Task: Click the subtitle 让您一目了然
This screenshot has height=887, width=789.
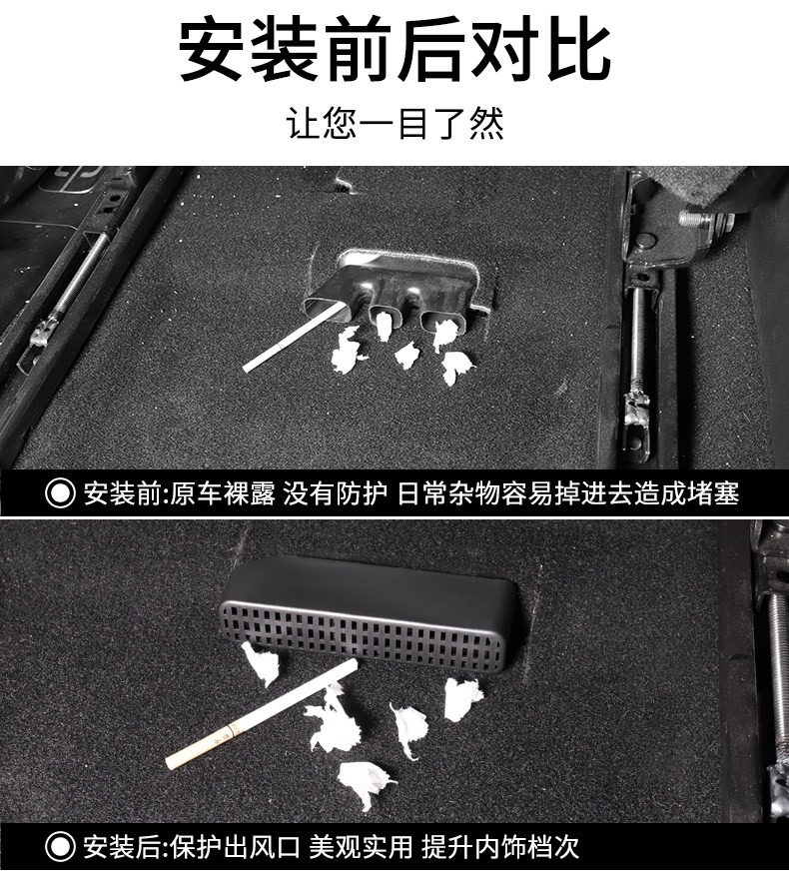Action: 394,123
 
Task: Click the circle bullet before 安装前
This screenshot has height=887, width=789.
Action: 60,493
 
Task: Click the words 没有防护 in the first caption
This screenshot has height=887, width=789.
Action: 335,493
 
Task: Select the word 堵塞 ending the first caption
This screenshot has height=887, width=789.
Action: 714,493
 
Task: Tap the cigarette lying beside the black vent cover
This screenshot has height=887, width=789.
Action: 262,714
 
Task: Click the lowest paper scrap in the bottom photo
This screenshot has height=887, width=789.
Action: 365,784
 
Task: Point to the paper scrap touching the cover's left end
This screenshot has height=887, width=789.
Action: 261,663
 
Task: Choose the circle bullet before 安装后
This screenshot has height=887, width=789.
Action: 60,847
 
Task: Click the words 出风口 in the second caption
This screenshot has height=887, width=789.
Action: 262,847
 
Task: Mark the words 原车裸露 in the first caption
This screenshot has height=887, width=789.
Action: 222,493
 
